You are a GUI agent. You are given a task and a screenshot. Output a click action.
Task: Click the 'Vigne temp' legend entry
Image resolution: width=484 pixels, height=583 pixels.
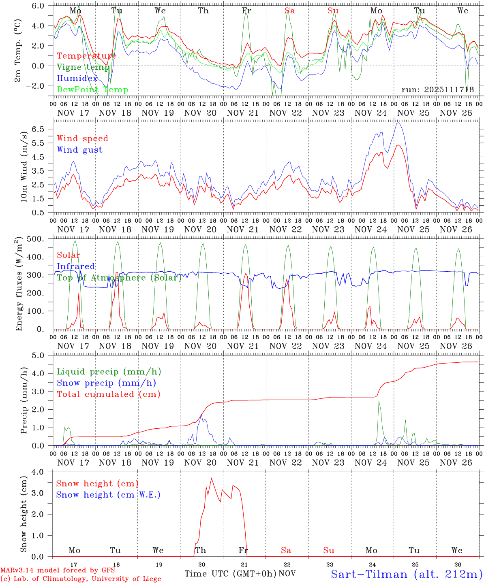[x=83, y=67]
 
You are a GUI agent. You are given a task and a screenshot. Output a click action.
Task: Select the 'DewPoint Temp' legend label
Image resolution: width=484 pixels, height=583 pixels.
[x=92, y=90]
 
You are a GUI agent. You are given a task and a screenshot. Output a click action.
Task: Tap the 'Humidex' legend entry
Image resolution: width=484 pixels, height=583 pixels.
[x=77, y=79]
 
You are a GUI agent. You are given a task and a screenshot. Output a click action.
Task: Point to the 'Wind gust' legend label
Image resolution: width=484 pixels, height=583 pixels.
[x=79, y=150]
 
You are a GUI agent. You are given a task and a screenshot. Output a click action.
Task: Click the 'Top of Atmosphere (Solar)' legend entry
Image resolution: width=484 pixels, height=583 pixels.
[x=119, y=278]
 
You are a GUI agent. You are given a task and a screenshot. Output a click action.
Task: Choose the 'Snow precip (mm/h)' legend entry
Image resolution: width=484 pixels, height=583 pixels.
[x=107, y=383]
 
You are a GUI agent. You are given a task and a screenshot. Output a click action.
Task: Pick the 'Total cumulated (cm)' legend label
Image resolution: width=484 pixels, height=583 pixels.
[x=109, y=394]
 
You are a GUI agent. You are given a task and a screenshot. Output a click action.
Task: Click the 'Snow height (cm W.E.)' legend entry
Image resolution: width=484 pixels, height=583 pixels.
[x=108, y=495]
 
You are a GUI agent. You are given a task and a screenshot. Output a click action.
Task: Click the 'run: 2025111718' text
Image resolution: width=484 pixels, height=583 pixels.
[x=437, y=90]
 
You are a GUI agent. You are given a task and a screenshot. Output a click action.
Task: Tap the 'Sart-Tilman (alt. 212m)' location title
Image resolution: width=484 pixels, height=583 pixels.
[x=407, y=574]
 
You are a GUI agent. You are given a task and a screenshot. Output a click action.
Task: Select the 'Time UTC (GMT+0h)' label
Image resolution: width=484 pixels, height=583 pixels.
[x=230, y=574]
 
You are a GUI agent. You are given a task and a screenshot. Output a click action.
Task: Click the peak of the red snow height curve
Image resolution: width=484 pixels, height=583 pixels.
[x=211, y=478]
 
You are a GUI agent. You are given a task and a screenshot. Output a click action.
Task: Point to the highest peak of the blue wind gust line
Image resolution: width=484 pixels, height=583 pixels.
[x=398, y=123]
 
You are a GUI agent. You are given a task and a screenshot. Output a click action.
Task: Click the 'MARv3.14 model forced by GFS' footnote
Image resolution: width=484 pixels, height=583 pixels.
[x=57, y=570]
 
